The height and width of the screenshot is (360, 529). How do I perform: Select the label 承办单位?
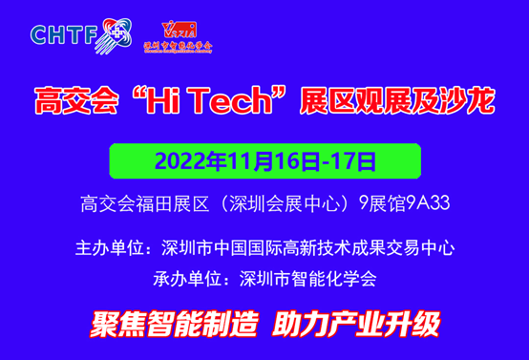(x=184, y=280)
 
